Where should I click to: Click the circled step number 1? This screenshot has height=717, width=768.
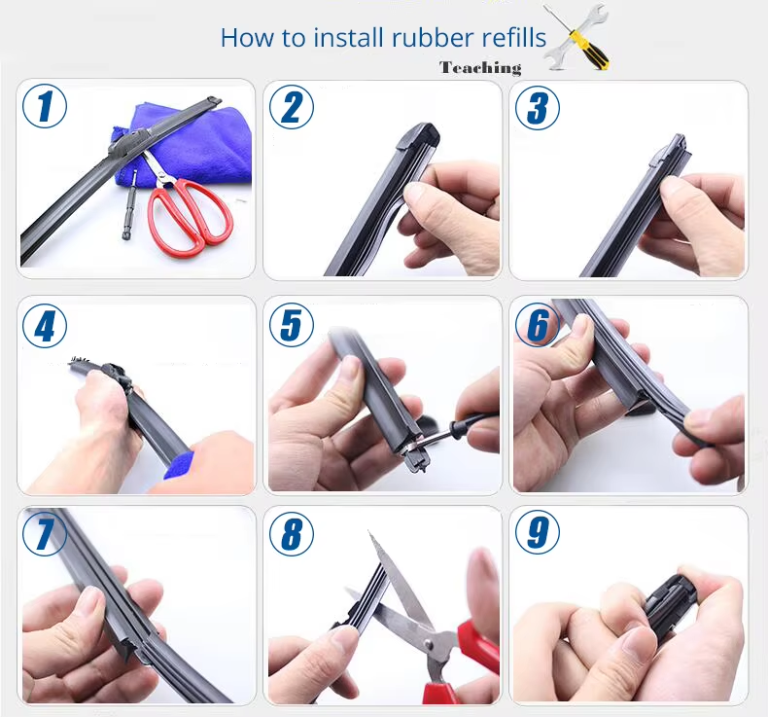(x=45, y=106)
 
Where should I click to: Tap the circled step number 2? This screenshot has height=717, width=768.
(x=292, y=107)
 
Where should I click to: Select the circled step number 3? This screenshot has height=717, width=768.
(x=538, y=108)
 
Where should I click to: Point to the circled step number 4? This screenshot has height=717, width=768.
(x=45, y=325)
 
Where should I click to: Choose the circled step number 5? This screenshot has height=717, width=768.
(x=292, y=324)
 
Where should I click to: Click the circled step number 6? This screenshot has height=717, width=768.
(x=538, y=324)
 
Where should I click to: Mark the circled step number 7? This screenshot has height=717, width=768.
(x=45, y=533)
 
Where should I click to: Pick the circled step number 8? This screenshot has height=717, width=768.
(x=292, y=533)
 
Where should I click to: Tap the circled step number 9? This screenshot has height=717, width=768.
(x=538, y=532)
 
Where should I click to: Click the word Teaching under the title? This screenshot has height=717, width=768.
(x=480, y=68)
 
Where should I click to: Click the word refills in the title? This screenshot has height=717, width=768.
(x=514, y=37)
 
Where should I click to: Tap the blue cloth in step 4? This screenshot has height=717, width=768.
(x=179, y=466)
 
